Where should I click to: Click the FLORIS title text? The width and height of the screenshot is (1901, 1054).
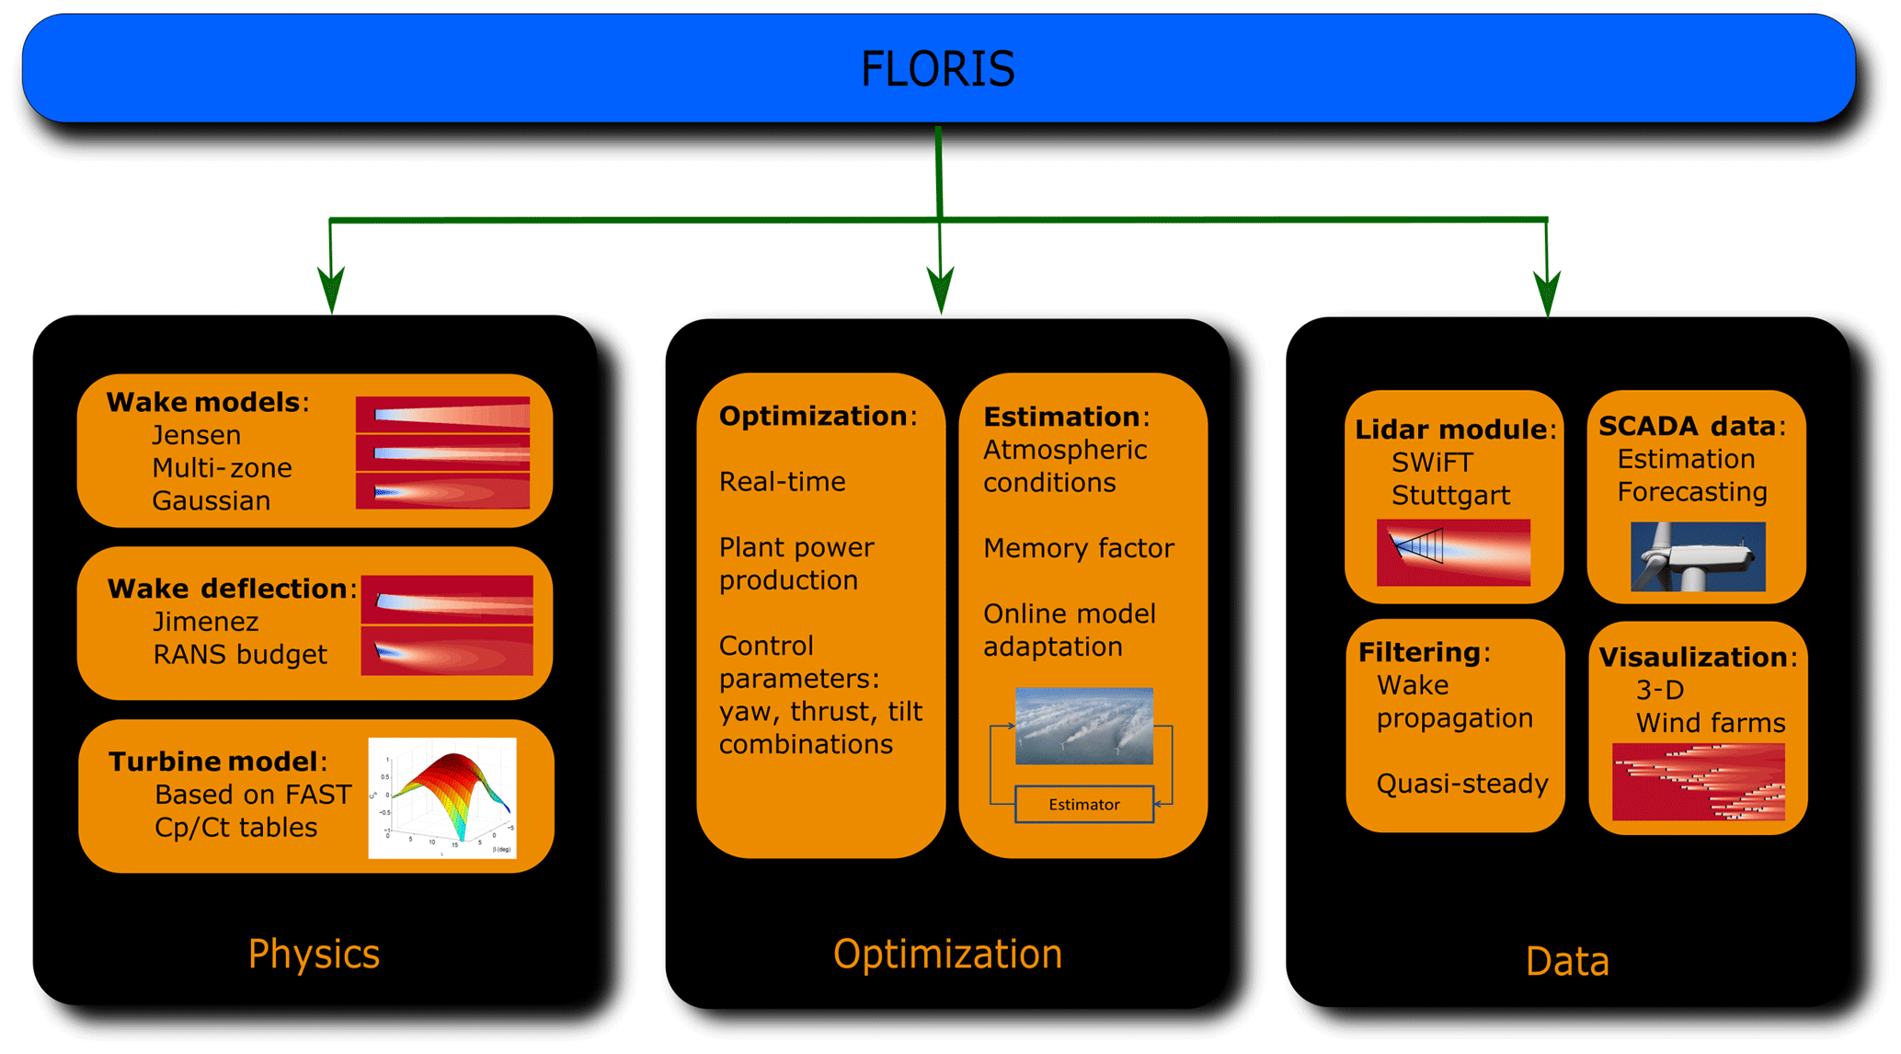(937, 69)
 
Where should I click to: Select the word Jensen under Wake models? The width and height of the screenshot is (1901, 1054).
(196, 435)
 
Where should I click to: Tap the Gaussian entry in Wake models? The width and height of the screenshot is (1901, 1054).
(211, 501)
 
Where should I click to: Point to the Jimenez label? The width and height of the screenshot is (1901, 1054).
(205, 622)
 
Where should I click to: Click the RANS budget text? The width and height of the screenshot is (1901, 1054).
(239, 655)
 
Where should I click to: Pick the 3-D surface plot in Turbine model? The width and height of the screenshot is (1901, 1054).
(442, 797)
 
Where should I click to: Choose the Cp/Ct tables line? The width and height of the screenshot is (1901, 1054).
(235, 828)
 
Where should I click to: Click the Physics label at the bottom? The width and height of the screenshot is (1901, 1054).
(314, 954)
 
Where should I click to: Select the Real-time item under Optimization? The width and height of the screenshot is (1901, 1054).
(782, 482)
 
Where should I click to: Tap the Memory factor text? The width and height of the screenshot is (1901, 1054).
(1078, 548)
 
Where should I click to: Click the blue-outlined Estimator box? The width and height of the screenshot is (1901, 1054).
(1083, 805)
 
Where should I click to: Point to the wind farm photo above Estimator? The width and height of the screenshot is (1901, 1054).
(1083, 726)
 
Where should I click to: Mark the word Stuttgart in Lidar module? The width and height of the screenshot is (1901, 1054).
(1450, 496)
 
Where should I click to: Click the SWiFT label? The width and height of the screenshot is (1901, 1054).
(1432, 463)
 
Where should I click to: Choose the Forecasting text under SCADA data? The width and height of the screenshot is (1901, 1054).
(1691, 492)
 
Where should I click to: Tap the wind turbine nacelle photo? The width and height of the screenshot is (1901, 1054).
(1697, 556)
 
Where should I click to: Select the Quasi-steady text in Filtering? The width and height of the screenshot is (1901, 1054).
(1461, 784)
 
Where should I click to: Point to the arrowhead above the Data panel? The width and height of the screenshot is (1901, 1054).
(1548, 292)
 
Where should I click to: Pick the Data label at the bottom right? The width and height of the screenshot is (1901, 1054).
(1566, 962)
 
